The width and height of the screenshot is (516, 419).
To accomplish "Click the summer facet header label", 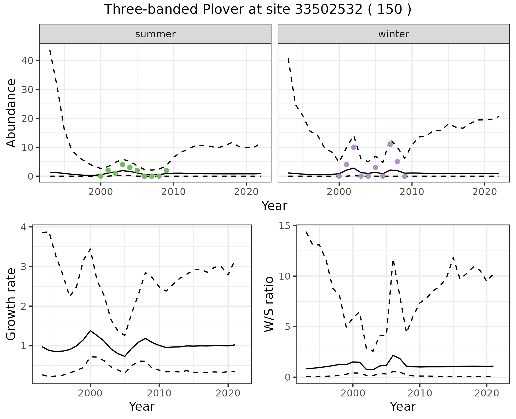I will coord(155,34).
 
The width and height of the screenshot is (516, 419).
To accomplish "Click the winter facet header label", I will coord(393,34).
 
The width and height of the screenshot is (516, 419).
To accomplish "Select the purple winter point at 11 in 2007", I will coord(390,144).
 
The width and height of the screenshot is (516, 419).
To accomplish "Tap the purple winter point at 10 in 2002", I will coord(354,147).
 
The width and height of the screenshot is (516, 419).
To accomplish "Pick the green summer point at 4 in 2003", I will coord(123,165).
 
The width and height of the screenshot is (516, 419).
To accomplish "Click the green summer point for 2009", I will coord(166,170).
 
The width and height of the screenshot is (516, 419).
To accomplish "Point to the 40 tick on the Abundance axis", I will coord(27,60).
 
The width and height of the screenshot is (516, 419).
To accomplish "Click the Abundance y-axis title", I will coord(11,113).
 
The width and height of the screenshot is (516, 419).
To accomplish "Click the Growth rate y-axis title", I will coord(11,304).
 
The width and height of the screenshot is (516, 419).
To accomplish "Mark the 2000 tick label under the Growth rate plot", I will coord(90,393).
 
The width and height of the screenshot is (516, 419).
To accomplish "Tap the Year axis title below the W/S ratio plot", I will coord(403,406).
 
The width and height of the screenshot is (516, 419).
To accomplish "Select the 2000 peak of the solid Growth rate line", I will coord(90,330).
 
